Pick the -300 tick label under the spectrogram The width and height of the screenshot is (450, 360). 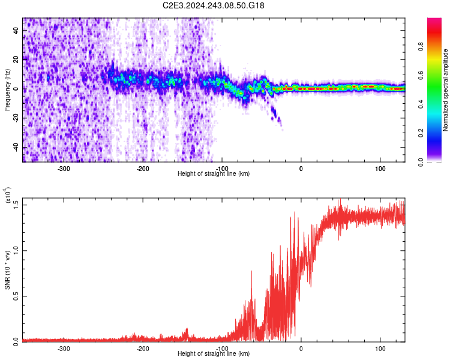(64, 169)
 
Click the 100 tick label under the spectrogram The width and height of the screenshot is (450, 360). (380, 169)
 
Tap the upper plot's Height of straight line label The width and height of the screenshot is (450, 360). (214, 174)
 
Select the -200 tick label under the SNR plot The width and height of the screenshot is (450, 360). (143, 348)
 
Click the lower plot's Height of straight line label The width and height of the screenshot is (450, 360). (214, 354)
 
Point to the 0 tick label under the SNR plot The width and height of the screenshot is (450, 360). (301, 348)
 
